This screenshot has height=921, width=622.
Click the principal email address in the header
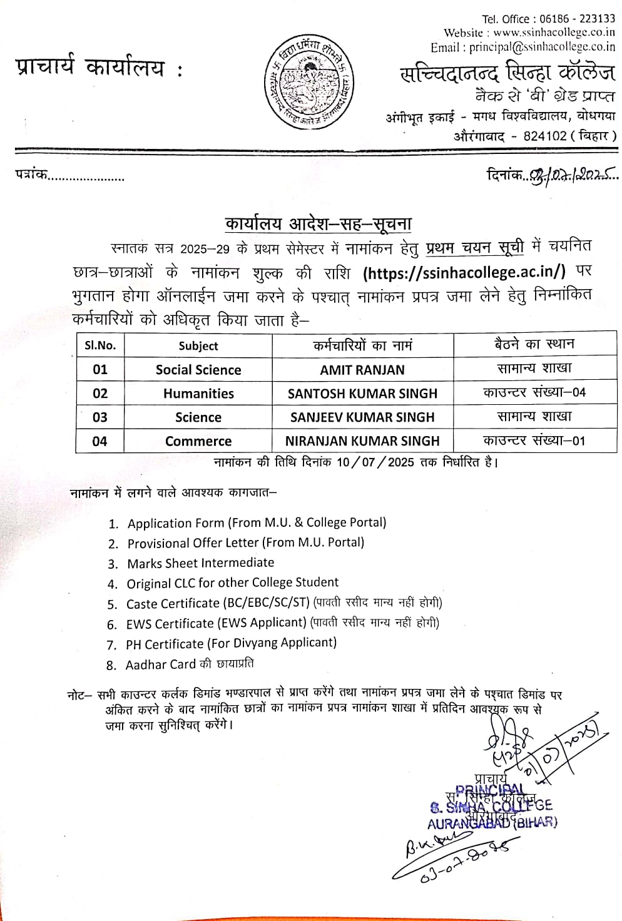(x=542, y=47)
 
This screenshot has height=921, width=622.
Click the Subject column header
(x=198, y=346)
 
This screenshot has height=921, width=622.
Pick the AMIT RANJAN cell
(x=362, y=370)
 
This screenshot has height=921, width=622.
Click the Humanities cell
(x=198, y=394)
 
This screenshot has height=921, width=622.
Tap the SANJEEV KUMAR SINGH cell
(x=362, y=417)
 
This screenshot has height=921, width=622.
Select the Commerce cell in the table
(x=198, y=441)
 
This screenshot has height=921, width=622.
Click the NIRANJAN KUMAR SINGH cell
(x=362, y=441)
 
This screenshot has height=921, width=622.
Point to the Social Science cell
(x=198, y=370)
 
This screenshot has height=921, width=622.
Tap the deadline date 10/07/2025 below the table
(x=375, y=462)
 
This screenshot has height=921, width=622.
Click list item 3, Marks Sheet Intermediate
(x=200, y=563)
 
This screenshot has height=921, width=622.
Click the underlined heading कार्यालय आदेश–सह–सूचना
(x=319, y=225)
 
